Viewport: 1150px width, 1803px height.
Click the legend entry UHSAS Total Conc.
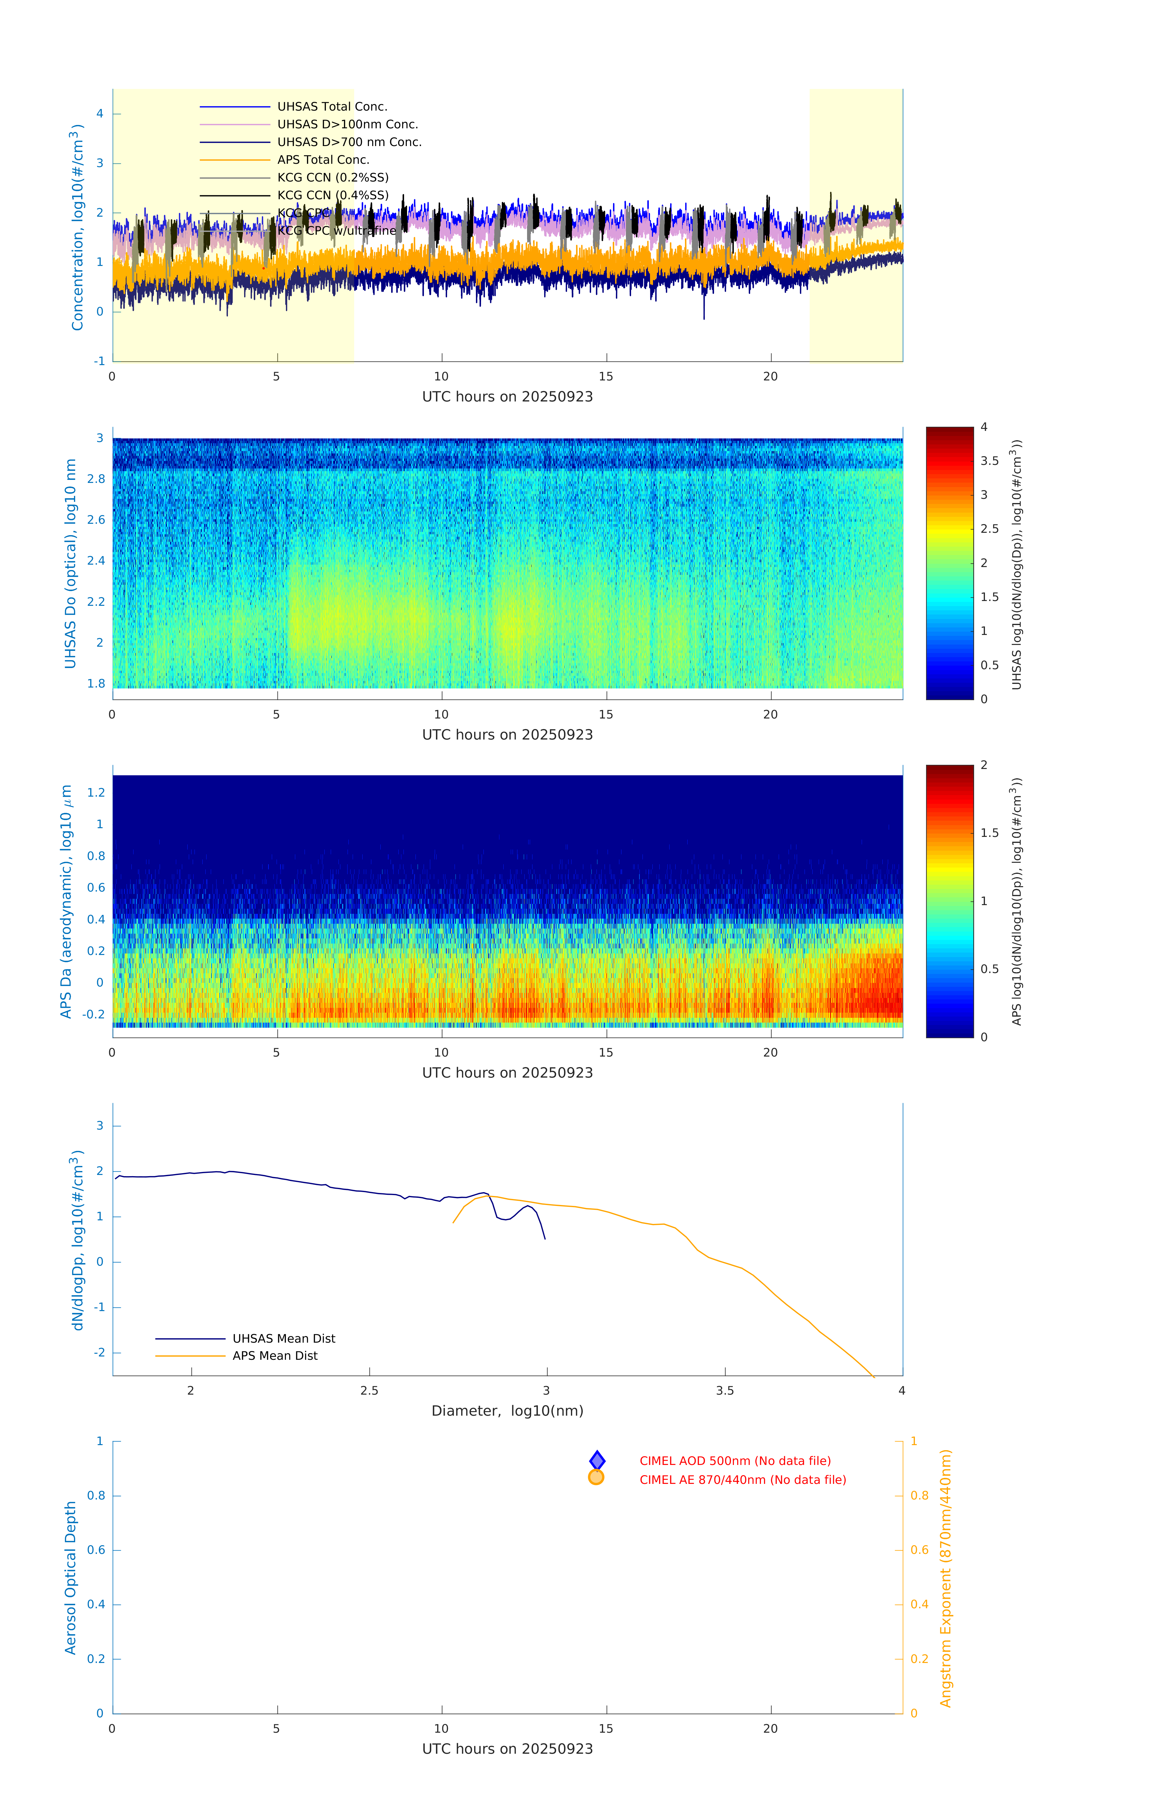[x=332, y=106]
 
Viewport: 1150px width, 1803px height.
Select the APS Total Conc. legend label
[x=323, y=160]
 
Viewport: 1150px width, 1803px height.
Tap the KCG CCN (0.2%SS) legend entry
[x=333, y=178]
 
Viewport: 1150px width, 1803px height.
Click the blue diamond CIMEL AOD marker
[x=597, y=1460]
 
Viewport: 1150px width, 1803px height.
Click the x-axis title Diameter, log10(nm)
[x=507, y=1411]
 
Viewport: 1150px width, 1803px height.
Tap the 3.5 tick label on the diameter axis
[x=725, y=1390]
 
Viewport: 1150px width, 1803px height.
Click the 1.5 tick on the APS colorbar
[x=989, y=833]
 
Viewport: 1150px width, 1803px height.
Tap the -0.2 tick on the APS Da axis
[x=94, y=1014]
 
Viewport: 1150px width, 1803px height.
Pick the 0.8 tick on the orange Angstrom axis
[x=919, y=1495]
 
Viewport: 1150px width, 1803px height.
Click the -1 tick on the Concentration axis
[x=99, y=361]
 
